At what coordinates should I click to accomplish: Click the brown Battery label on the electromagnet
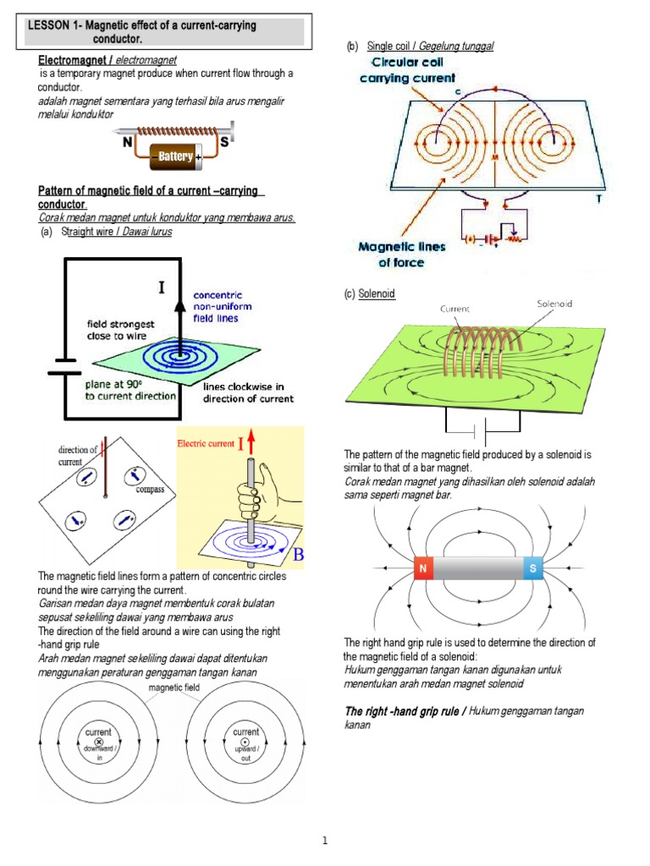175,156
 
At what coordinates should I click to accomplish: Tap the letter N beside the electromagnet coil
128,143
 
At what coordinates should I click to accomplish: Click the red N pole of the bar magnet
422,569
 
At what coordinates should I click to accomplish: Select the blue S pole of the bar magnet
532,569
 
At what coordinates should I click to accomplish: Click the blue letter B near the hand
298,555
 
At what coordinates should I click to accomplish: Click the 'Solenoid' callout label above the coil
555,303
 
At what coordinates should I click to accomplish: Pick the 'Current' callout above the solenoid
454,310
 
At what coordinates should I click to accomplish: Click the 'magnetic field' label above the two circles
174,688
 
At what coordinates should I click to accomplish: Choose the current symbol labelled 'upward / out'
245,742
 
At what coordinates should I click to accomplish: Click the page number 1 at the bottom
325,840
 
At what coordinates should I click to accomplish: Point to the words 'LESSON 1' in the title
52,26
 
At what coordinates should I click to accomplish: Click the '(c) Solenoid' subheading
369,293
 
